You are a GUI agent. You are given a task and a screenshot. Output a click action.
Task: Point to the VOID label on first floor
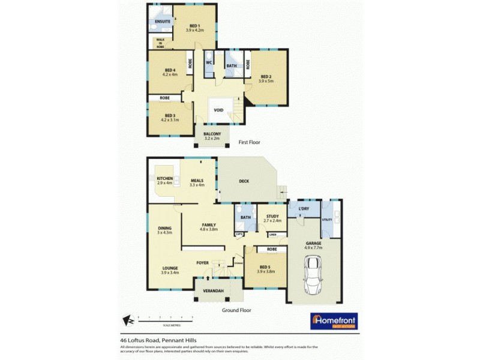218,110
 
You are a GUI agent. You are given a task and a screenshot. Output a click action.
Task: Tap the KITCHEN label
164,179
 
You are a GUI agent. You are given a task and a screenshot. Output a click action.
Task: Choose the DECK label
244,181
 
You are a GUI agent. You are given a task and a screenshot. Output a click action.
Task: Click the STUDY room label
272,217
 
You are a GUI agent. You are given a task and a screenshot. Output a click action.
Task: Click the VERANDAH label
213,291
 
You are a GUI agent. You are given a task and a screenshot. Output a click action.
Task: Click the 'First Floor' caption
251,142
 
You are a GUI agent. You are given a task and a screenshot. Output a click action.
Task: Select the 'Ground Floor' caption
236,310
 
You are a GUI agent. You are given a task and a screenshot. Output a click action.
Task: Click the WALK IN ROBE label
160,41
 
